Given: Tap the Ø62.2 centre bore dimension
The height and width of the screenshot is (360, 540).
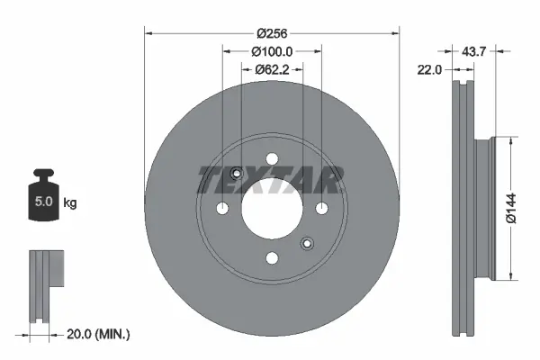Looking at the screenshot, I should [x=271, y=68].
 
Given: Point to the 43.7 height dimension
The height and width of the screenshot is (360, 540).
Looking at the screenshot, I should [x=474, y=52].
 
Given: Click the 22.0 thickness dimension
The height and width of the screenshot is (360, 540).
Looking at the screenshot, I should [x=431, y=68].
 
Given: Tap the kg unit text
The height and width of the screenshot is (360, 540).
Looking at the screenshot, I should [x=70, y=203].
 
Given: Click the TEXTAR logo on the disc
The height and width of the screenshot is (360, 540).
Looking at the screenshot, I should [x=270, y=181].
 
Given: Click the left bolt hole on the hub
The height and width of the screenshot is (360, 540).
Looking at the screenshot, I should [x=221, y=209].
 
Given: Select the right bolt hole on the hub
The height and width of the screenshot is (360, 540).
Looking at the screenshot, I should [x=320, y=209].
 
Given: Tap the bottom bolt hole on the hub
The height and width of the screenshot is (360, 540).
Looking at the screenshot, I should [x=271, y=258].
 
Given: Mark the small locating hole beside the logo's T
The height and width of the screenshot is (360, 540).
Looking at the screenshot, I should [x=236, y=175].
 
